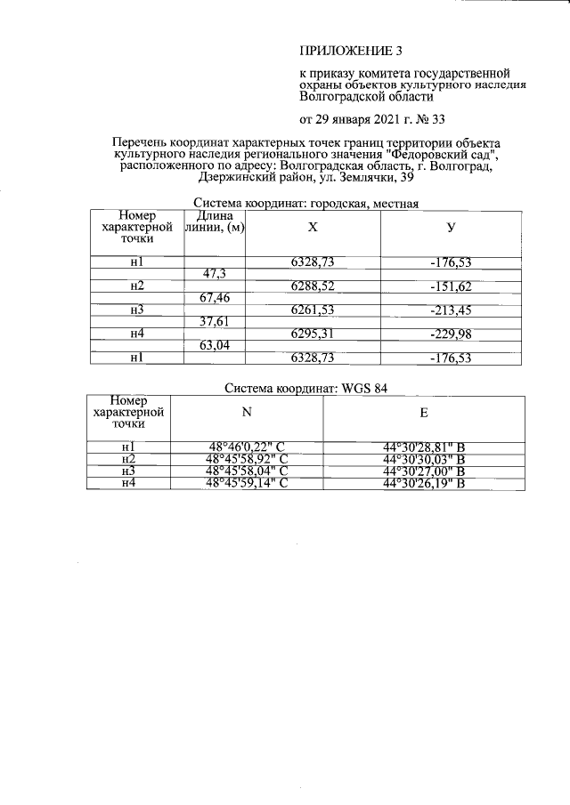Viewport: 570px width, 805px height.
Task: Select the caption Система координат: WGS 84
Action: click(306, 388)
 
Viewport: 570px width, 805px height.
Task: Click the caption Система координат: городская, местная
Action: click(305, 203)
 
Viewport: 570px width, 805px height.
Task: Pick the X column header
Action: click(312, 228)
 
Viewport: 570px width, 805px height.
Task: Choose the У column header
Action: click(452, 228)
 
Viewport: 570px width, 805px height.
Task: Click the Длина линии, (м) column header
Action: click(214, 222)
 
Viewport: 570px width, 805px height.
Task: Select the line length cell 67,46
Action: click(214, 297)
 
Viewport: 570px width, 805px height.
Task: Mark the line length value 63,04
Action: click(214, 346)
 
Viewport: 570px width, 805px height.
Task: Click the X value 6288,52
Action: click(312, 286)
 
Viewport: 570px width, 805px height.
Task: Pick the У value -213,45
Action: click(451, 310)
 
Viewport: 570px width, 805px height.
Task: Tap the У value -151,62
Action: click(451, 286)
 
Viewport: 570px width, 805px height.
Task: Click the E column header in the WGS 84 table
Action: click(423, 413)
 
